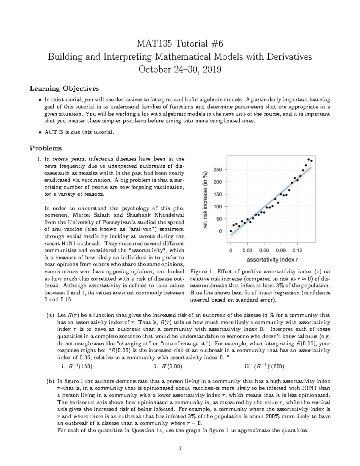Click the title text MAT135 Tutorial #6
click(x=180, y=44)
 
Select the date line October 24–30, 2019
click(x=180, y=70)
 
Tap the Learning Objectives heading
click(x=64, y=89)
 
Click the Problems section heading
click(x=46, y=148)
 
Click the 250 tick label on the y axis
click(x=217, y=170)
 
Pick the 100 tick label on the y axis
click(x=217, y=207)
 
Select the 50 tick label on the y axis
click(x=219, y=219)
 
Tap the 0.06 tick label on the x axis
click(x=264, y=250)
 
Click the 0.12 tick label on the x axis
click(x=298, y=250)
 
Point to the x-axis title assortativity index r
click(x=272, y=260)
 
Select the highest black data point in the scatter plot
click(x=309, y=159)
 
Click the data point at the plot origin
click(x=231, y=231)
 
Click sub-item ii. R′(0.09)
click(x=167, y=366)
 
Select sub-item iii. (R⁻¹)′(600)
click(x=265, y=366)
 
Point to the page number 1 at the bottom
click(x=180, y=449)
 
